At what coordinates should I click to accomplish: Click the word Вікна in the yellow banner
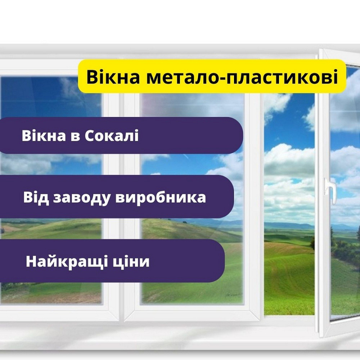(x=109, y=77)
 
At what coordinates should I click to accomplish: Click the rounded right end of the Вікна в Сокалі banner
(x=236, y=135)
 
